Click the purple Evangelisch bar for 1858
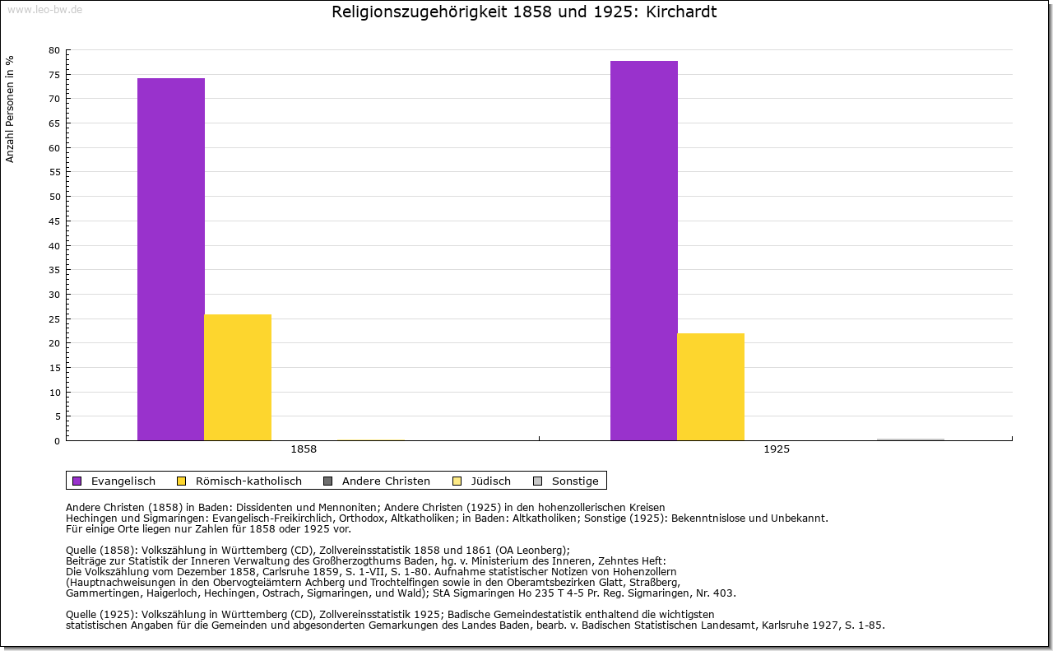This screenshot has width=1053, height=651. (171, 259)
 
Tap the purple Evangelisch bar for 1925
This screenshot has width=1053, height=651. (644, 251)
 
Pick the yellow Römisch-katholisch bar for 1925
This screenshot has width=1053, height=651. (711, 387)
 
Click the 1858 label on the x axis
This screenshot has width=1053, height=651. (304, 450)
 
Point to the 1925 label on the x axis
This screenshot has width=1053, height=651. (777, 450)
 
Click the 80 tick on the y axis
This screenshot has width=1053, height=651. (54, 50)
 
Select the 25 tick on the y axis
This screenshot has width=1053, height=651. (54, 319)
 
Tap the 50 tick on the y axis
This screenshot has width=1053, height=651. (54, 197)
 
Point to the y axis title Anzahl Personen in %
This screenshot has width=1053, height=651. (11, 109)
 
